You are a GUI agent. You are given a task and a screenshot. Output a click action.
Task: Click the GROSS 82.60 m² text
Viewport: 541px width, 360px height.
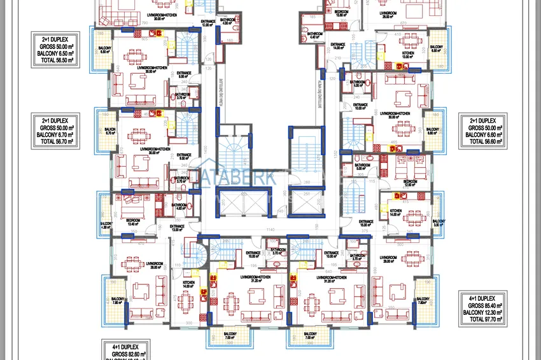point(124,354)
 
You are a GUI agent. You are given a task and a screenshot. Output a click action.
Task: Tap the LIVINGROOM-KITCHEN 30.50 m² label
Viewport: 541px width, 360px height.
point(151,70)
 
